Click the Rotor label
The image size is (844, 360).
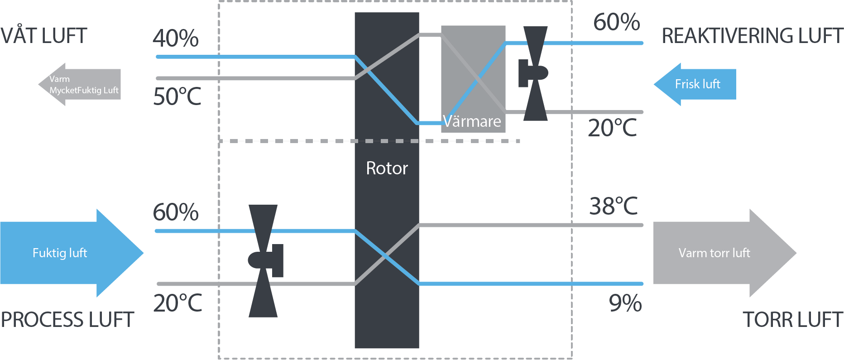[x=387, y=168]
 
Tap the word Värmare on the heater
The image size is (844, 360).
[x=472, y=121]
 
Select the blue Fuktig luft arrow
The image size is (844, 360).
[x=68, y=253]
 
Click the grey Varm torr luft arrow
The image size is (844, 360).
[x=720, y=253]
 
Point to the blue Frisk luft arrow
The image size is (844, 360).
[x=695, y=84]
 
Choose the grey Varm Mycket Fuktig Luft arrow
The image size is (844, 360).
[x=82, y=84]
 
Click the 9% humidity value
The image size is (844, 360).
[x=625, y=303]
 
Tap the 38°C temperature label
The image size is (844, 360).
[x=614, y=206]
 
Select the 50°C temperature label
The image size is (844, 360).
[x=177, y=96]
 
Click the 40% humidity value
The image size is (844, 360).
[x=176, y=38]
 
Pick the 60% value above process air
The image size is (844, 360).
[x=176, y=212]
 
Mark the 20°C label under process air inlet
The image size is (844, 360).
[x=177, y=303]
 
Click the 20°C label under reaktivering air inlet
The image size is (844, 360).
[x=612, y=128]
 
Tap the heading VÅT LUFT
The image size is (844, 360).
[x=43, y=35]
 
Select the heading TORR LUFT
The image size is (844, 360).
[x=792, y=320]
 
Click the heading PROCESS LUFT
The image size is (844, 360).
[x=67, y=320]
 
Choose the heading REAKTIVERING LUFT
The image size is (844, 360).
[x=752, y=36]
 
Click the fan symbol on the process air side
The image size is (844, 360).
[x=264, y=261]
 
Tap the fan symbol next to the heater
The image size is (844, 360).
[x=534, y=73]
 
